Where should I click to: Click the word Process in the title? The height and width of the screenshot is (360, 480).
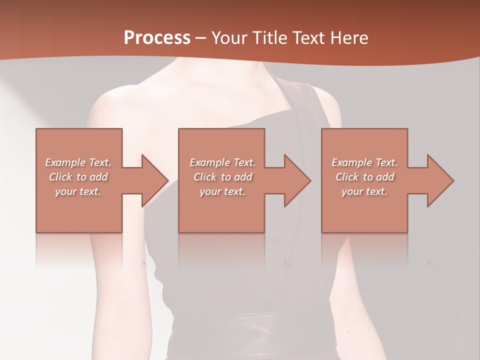click(157, 37)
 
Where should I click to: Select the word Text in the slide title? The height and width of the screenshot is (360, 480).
click(309, 37)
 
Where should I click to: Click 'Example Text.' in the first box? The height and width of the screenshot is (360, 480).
click(78, 162)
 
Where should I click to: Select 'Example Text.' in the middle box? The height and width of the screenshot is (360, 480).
click(222, 162)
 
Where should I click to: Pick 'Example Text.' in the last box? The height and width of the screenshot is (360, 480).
click(364, 162)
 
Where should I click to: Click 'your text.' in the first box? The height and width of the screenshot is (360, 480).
click(78, 191)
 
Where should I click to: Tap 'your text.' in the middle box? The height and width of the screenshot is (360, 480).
click(222, 191)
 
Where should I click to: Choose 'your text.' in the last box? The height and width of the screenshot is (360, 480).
click(364, 191)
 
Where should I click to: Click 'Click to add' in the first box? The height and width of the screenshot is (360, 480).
click(78, 177)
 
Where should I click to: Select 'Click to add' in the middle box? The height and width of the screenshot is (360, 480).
click(222, 177)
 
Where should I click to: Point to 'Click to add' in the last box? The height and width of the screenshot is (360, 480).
click(364, 177)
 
